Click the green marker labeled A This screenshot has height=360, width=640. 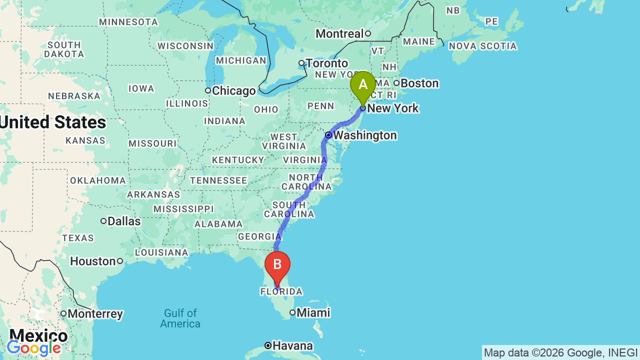pos(362,85)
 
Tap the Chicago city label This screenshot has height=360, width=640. pos(233,91)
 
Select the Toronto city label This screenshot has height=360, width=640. pos(326,63)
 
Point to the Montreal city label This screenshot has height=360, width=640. pos(339,34)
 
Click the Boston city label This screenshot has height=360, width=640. pos(419,83)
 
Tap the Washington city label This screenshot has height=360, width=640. pos(365,135)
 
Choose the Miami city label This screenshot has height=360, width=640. pos(313,313)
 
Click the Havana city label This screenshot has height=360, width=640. pos(293,346)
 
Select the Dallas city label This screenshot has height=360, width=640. pos(124,221)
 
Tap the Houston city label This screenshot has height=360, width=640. pos(93,261)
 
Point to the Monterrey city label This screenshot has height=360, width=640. pos(95,314)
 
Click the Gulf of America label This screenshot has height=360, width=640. pos(180,318)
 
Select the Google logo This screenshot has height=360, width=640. pos(34,348)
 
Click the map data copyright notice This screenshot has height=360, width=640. pos(560,352)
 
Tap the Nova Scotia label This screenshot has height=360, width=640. pos(482,46)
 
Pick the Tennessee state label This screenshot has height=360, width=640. pos(218,180)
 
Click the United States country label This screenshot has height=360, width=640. pos(53,122)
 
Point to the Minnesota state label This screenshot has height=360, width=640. pos(128,22)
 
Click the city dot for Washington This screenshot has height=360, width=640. pos(328,135)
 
